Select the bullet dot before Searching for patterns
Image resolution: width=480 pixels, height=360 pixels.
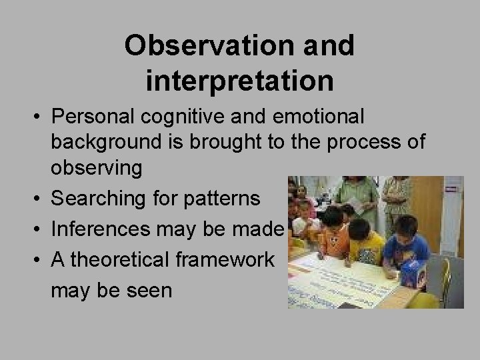[x=39, y=199]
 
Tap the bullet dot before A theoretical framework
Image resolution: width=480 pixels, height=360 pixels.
[x=39, y=260]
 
